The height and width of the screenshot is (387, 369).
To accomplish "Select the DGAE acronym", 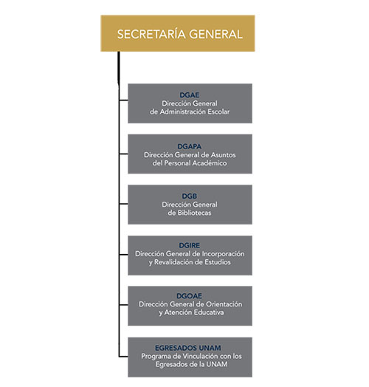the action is coord(190,95).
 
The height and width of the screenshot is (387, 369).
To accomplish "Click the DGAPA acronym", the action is coord(190,146).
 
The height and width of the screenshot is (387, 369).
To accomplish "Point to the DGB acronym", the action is coord(190,196).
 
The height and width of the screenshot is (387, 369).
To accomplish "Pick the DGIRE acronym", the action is coord(190,245).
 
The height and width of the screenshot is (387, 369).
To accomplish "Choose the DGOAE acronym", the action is coord(189,295).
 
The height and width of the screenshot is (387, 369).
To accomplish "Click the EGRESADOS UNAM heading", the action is coord(188,348).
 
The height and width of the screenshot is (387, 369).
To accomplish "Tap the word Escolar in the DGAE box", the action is coord(218,112).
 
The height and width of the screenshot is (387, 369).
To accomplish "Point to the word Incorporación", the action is coord(223,254).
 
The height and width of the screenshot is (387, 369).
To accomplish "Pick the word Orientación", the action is coord(224,304).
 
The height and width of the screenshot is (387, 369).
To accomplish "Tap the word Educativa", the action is coord(209,312).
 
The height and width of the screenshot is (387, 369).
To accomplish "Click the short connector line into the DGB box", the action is coord(123,204).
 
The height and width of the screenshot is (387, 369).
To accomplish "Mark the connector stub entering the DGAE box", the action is coord(123,100).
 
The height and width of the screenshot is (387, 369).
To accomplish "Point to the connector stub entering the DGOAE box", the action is coord(123,305).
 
